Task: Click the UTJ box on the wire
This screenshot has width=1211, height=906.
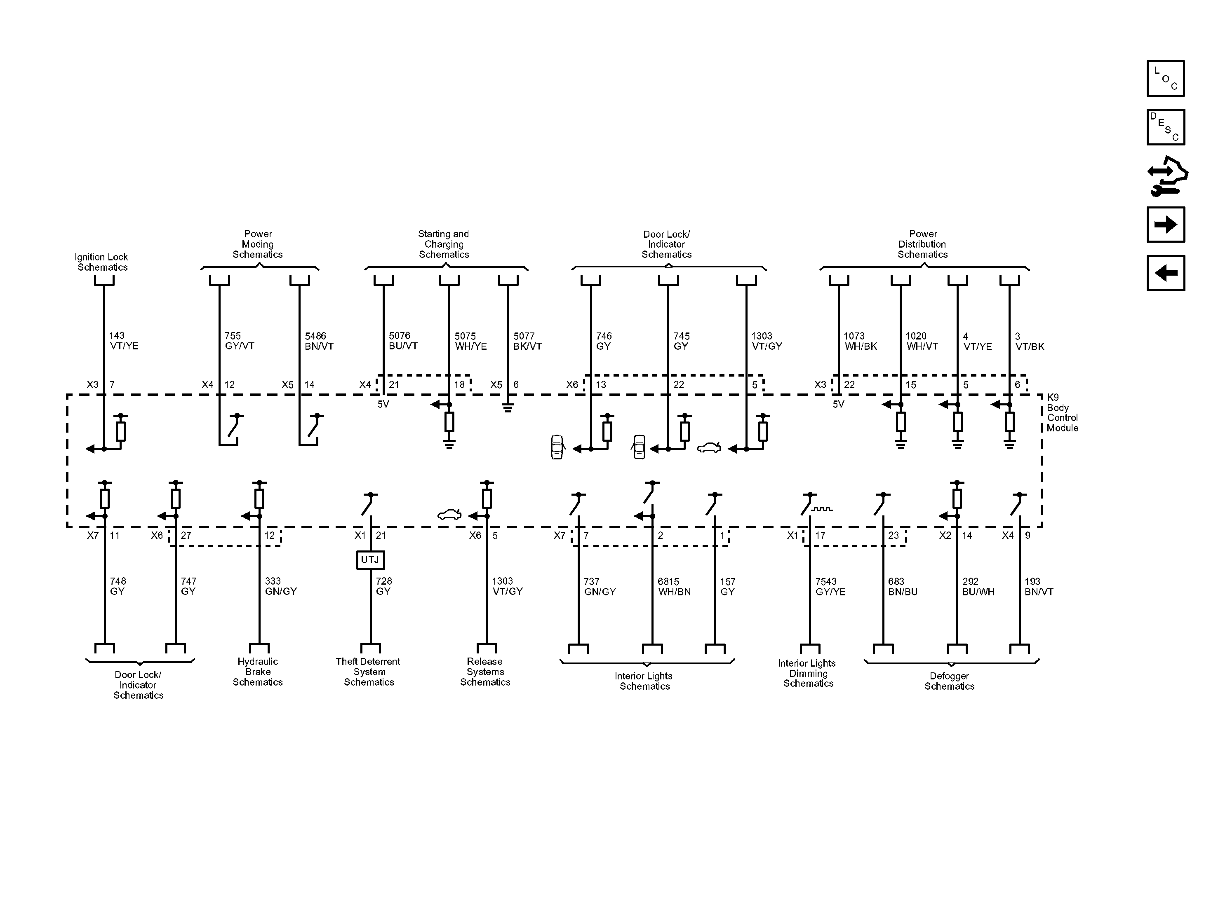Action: pos(370,560)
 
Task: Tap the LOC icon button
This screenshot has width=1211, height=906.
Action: pos(1166,78)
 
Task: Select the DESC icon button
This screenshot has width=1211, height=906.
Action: pos(1166,127)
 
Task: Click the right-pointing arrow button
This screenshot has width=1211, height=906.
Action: pos(1166,224)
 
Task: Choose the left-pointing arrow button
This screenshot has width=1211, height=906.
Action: pos(1166,273)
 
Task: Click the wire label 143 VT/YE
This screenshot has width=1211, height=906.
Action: pos(124,341)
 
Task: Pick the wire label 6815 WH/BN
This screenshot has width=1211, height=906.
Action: pos(674,587)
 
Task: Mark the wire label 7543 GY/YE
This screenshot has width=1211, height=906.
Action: pos(830,587)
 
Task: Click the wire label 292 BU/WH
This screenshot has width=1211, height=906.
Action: pos(978,587)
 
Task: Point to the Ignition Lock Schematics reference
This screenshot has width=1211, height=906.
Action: pos(102,262)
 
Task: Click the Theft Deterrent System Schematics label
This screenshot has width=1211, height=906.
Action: pos(369,672)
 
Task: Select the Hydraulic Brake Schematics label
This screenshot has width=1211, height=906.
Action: pos(257,672)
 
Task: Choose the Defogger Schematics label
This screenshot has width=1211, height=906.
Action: pos(949,681)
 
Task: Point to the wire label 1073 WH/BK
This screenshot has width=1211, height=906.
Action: pos(860,341)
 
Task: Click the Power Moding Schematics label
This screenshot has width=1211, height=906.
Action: pos(258,244)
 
